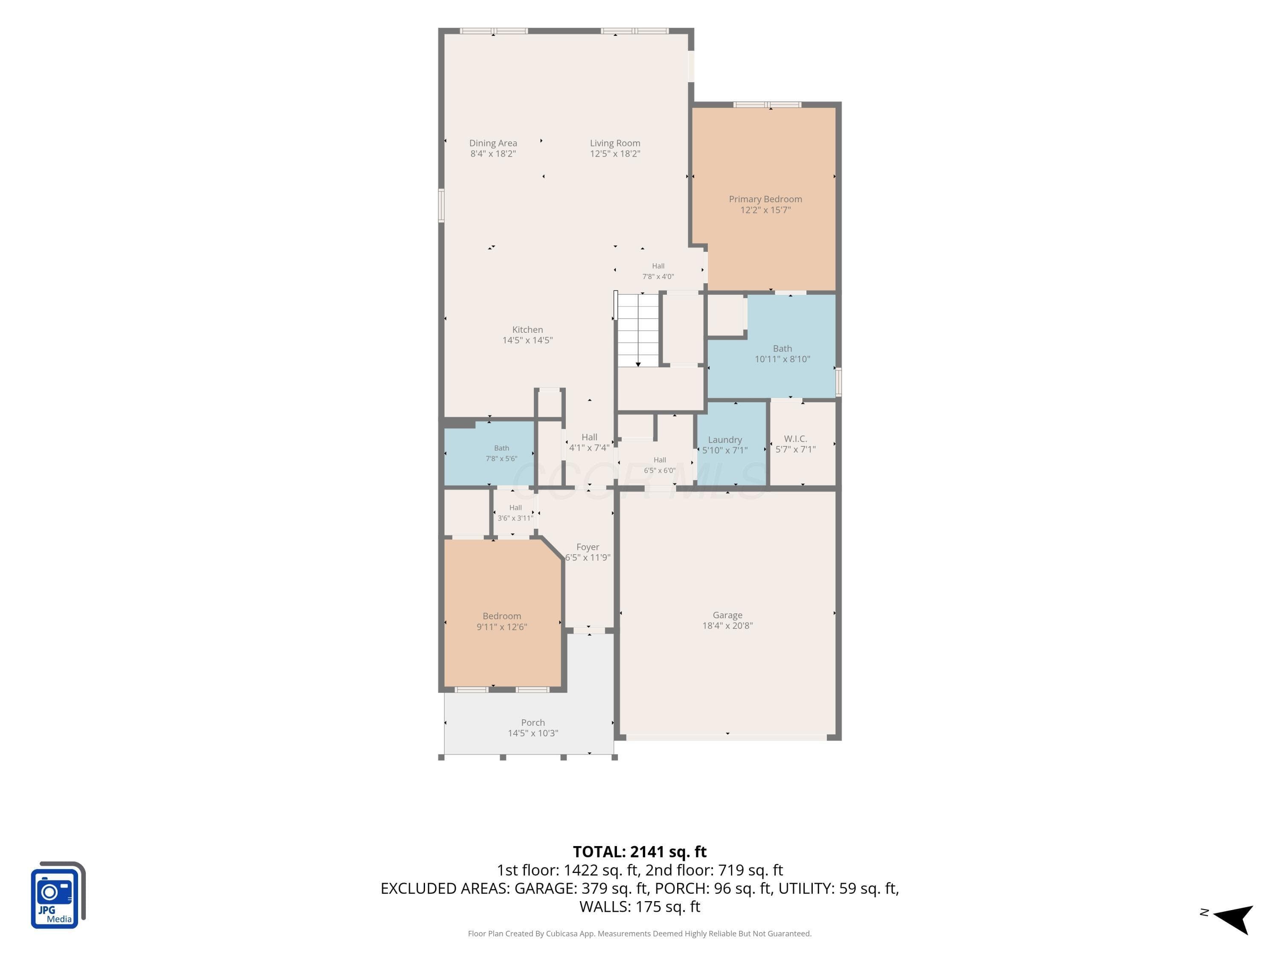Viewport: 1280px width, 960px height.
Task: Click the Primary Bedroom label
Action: pos(765,199)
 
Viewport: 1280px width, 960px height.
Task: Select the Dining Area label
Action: pos(493,143)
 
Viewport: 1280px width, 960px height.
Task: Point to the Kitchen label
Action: pos(527,330)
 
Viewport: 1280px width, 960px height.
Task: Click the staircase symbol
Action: pos(638,330)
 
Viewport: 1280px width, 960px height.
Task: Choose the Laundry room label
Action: pos(724,440)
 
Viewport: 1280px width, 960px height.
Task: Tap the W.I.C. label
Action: pos(796,439)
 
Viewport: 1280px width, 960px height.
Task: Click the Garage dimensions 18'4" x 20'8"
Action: pos(727,625)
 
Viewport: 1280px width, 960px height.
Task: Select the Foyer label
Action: pos(588,547)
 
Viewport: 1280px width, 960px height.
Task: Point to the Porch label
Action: pos(533,723)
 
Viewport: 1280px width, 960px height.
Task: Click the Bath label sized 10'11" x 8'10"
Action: pos(783,348)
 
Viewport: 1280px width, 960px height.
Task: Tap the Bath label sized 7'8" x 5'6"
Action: pos(502,448)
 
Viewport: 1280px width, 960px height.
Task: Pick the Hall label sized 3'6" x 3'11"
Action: pos(515,507)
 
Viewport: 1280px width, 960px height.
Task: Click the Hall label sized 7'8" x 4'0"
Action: pos(658,266)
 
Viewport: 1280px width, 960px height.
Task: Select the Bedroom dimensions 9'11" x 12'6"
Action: pos(502,627)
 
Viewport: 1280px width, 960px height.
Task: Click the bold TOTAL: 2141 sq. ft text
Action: pos(640,852)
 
